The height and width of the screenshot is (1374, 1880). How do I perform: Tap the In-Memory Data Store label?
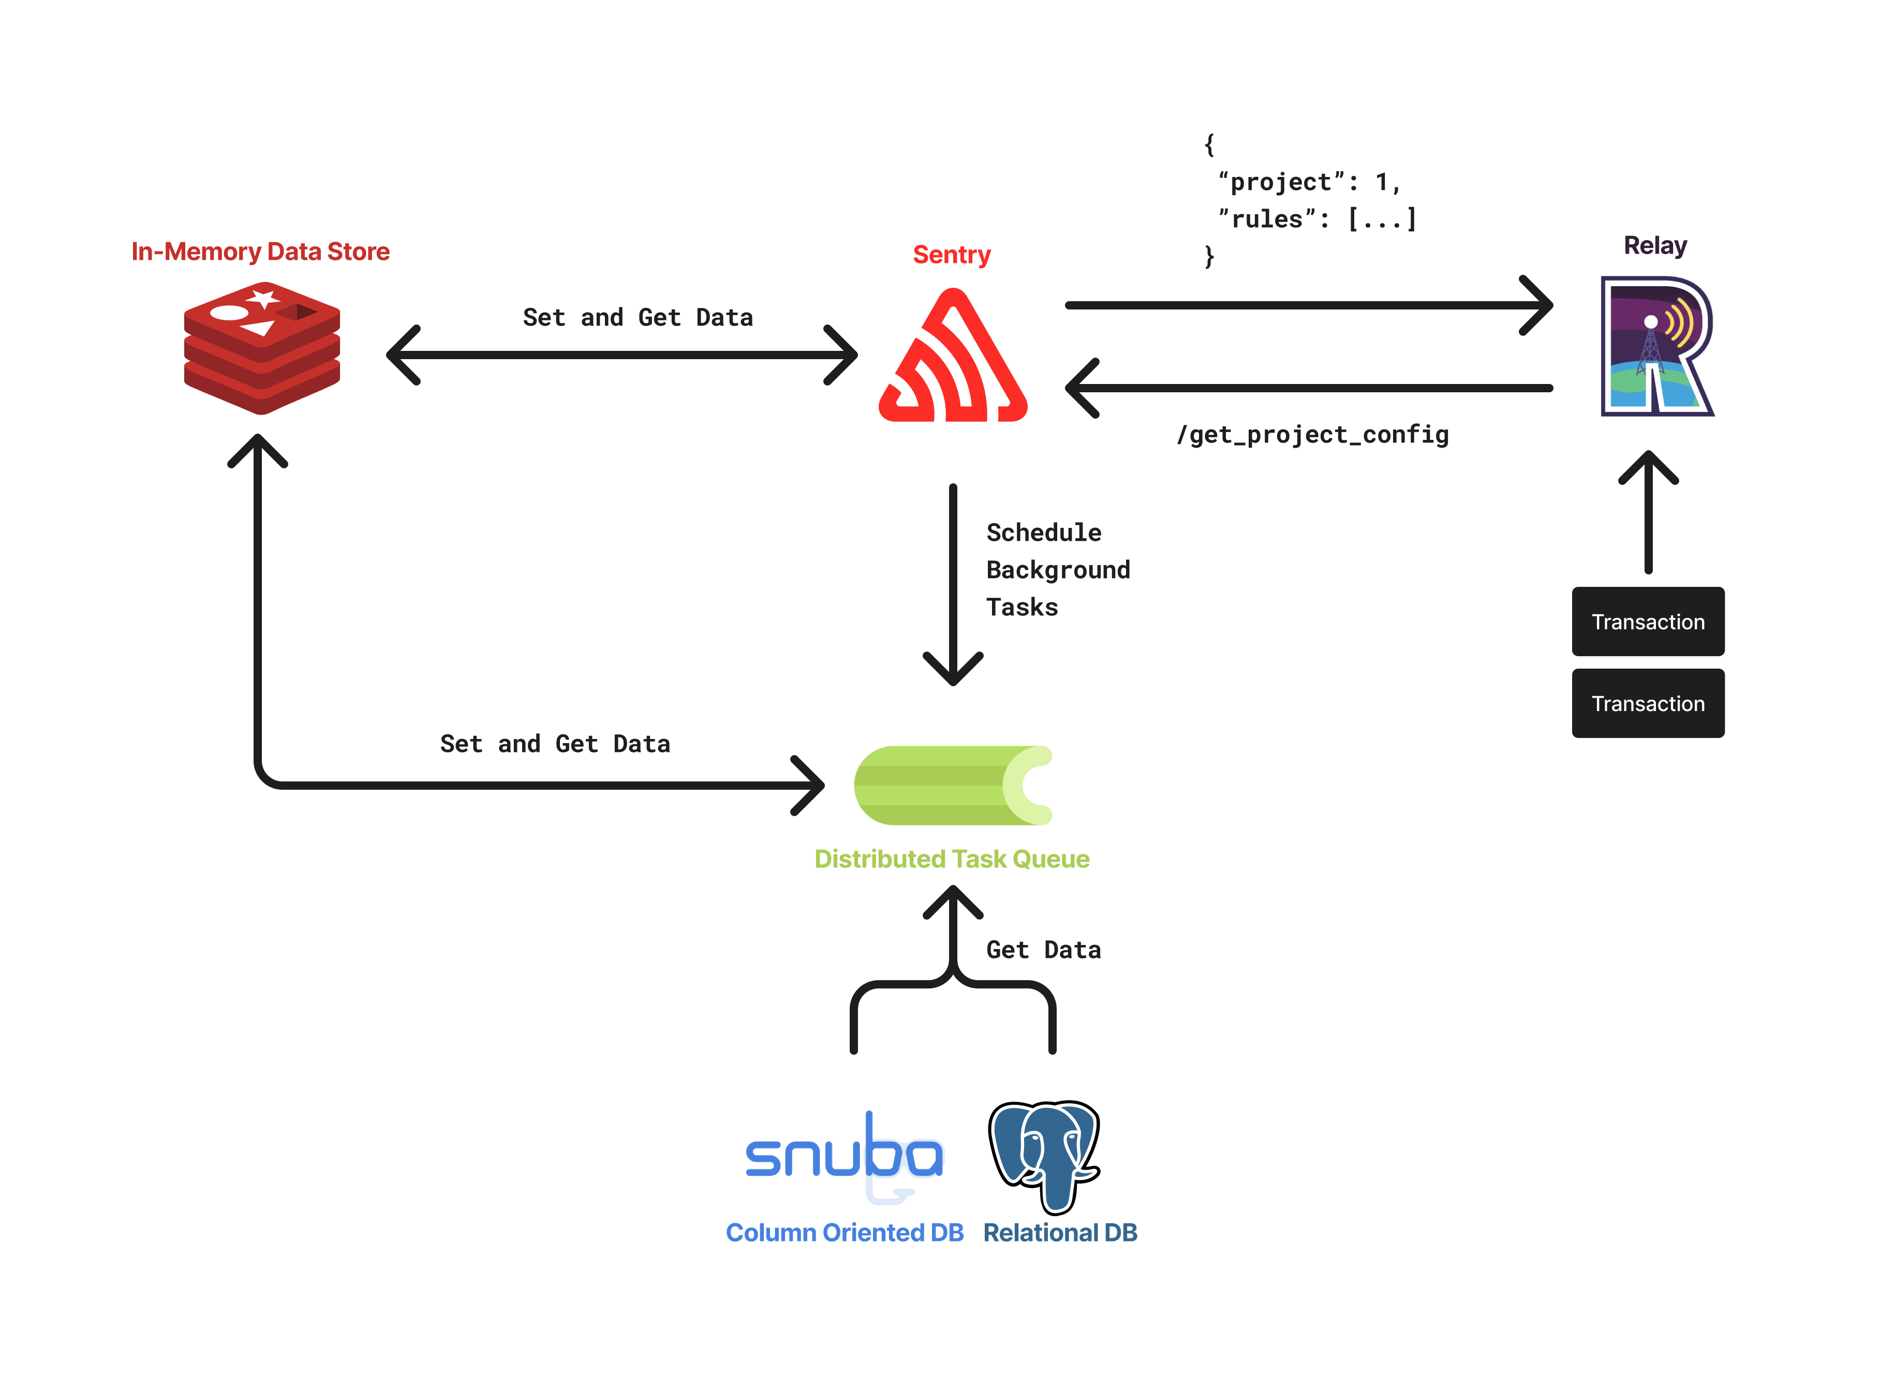tap(260, 251)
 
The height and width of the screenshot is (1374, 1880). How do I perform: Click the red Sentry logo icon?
tap(953, 358)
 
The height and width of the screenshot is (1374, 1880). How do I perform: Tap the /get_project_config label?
tap(1312, 434)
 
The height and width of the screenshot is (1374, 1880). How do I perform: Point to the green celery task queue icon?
tap(953, 785)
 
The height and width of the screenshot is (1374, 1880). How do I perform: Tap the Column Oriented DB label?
tap(844, 1232)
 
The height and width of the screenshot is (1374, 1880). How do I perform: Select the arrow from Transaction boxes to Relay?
tap(1648, 515)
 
